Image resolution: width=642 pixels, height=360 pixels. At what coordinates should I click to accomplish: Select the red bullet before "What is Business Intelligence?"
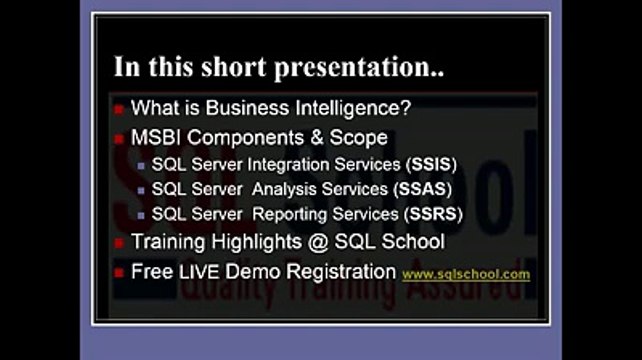pos(119,108)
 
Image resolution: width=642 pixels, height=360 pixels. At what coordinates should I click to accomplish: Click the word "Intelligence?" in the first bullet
pos(359,107)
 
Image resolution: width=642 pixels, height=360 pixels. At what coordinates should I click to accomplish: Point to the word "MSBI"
pos(156,136)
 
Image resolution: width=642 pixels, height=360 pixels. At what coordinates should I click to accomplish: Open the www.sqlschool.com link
pos(466,274)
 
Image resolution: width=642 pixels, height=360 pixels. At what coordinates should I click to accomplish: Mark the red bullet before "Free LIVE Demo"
pos(119,272)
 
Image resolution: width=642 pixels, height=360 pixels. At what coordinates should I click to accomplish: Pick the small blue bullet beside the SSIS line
pos(141,164)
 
